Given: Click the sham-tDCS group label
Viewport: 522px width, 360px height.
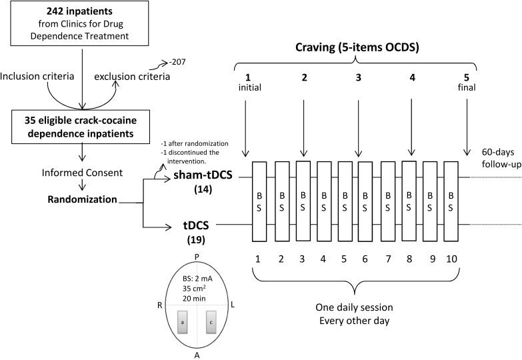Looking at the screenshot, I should point(202,177).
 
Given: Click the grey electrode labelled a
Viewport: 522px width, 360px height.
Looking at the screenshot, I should point(181,322).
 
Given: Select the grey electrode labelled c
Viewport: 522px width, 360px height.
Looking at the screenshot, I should point(211,322).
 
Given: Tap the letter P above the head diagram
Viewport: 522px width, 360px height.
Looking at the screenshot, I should point(196,256).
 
